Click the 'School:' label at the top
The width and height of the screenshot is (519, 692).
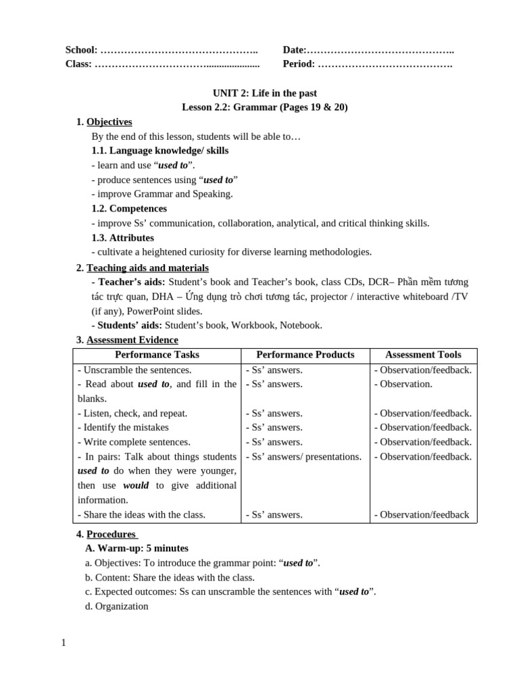pos(81,50)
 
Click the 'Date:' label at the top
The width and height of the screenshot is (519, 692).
pos(295,50)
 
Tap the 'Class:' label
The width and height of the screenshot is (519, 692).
pos(78,64)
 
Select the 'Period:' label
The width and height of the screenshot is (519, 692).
pos(299,64)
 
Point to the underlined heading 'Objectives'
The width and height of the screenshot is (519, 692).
pos(109,122)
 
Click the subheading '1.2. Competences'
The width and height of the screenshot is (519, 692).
pos(129,209)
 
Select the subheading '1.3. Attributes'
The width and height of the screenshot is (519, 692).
pos(123,238)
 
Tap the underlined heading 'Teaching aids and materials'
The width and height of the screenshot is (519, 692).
pos(147,268)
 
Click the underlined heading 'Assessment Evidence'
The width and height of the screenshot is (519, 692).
pos(132,340)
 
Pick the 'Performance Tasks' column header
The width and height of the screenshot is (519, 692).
pos(157,355)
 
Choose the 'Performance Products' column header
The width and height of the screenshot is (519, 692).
pos(305,355)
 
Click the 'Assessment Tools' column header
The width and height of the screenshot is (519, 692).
pos(423,355)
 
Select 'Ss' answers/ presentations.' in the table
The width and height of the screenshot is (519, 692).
pos(303,457)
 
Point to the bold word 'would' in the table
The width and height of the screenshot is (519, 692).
pos(136,486)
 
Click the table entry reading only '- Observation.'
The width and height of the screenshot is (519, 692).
pos(403,384)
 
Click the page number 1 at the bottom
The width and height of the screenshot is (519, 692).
pos(64,643)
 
